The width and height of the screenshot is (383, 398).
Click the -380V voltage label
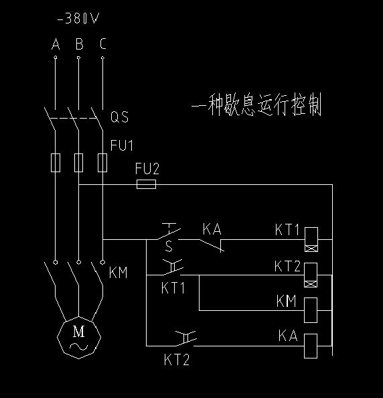click(78, 19)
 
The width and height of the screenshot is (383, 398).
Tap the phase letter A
click(56, 44)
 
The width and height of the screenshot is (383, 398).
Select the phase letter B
click(80, 44)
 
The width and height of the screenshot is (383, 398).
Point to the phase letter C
click(102, 44)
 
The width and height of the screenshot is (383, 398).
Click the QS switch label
click(119, 117)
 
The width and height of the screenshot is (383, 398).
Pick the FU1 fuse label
click(122, 145)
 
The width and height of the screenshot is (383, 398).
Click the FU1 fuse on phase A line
click(56, 163)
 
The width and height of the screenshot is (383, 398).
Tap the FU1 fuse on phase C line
click(102, 163)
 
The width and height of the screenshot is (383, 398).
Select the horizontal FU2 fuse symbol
click(147, 184)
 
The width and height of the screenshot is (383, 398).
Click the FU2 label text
click(147, 169)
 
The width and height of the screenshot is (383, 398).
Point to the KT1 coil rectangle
click(311, 239)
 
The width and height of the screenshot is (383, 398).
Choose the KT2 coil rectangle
click(311, 275)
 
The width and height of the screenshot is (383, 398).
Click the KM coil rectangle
click(311, 310)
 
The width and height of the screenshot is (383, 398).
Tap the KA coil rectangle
click(311, 346)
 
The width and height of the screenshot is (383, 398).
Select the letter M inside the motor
click(78, 332)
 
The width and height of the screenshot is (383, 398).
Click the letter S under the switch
click(169, 246)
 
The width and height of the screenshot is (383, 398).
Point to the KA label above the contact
click(212, 229)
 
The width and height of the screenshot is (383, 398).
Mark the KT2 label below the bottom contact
click(177, 360)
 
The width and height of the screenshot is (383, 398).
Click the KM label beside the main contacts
click(119, 273)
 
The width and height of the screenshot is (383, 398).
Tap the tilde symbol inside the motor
click(78, 346)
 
